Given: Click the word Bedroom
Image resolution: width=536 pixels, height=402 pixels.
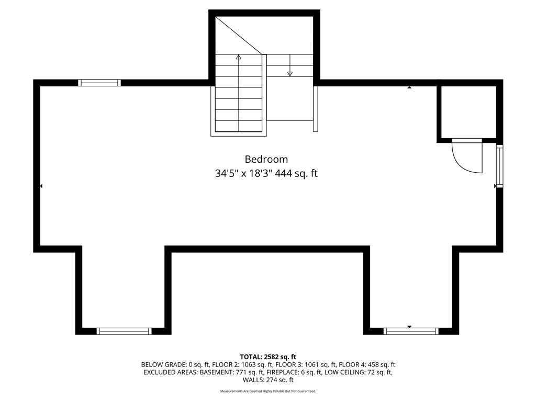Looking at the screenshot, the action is pos(266,159).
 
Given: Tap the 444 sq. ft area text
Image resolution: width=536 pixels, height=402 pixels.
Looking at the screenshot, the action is pos(296,174).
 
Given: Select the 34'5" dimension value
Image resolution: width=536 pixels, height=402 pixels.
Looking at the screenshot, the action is pos(227,174).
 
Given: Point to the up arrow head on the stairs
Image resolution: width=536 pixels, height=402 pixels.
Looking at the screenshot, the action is pos(239,57).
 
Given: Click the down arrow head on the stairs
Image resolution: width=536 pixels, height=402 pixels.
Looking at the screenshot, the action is pos(290,73).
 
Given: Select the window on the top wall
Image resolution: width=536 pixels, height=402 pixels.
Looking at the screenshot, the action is pos(99,83).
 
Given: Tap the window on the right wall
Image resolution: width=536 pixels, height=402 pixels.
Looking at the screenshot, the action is pos(500,166).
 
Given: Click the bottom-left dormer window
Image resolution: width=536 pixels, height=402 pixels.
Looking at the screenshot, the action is pos(124,331).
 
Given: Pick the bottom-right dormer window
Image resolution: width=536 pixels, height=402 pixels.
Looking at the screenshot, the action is pos(411,331).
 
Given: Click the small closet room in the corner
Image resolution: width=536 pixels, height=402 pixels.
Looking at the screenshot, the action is pos(468,113).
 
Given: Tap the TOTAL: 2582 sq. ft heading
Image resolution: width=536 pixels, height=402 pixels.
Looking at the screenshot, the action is pos(268,357).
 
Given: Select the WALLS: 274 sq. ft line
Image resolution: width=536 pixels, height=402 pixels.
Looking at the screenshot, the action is pos(268,380).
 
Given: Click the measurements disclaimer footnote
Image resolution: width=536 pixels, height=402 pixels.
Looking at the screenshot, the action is pos(268,391).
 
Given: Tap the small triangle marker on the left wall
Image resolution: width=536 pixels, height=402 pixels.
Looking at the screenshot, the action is pos(41,186).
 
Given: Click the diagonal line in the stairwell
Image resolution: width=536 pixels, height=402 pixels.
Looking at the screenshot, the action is pos(239,36).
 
